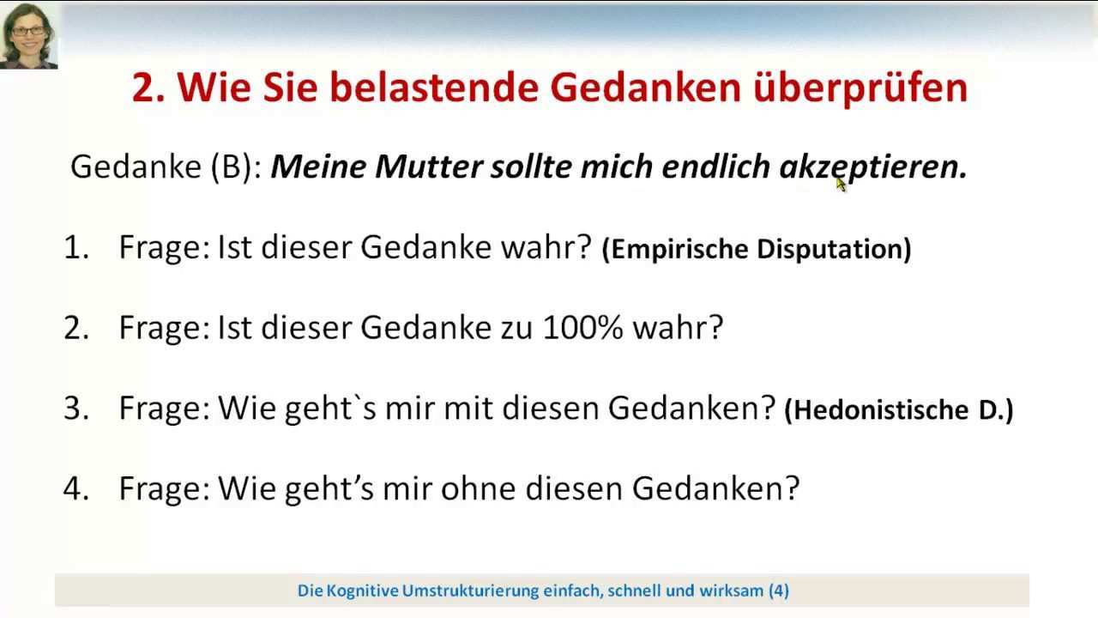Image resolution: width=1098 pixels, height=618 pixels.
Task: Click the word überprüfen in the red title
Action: pos(860,88)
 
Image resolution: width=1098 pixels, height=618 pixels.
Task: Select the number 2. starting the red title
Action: pos(148,88)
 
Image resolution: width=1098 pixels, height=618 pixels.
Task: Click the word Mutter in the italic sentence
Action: pos(429,167)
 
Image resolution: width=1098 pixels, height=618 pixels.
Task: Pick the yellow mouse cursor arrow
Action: pos(842,185)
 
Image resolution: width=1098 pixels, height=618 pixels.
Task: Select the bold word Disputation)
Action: pos(834,249)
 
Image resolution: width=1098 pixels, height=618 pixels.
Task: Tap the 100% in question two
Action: pos(583,328)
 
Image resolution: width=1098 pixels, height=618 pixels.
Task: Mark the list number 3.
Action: pos(76,408)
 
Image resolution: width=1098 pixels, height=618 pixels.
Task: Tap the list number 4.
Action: pos(76,488)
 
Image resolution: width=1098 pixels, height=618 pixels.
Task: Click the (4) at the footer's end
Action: pos(779,591)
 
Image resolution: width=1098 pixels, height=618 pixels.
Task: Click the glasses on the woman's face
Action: pos(27,31)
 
